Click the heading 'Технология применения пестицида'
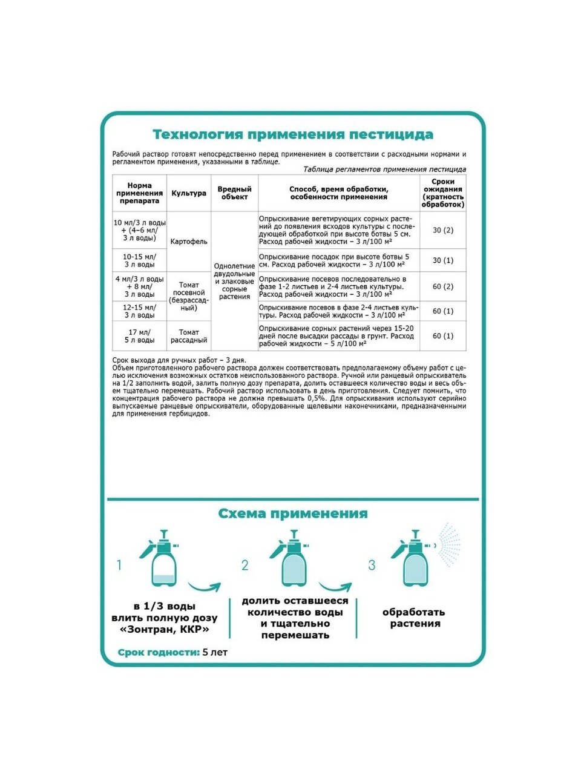pos(293,134)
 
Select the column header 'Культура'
pos(189,193)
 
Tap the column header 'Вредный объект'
pos(234,193)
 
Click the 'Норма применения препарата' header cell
pos(140,193)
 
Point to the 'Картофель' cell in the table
pos(189,242)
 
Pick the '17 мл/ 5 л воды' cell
pos(140,336)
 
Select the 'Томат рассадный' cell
pos(189,336)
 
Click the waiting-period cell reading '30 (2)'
pos(443,230)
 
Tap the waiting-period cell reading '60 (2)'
pos(443,286)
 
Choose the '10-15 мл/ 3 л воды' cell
pos(140,260)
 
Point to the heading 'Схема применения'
pos(293,513)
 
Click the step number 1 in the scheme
pos(119,566)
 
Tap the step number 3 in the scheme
pos(372,566)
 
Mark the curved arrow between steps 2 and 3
pos(335,589)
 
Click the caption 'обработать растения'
pos(415,618)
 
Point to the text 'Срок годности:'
pos(159,653)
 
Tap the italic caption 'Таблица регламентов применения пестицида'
pos(384,170)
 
